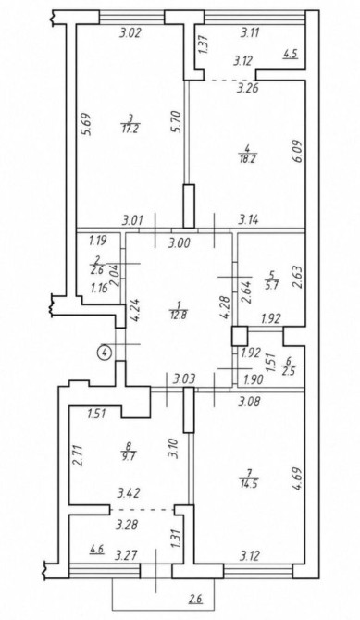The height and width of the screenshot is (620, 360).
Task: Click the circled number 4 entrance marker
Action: pos(105,351)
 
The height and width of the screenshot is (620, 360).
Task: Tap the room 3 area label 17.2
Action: pos(130,130)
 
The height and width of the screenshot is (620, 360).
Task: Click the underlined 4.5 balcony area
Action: pos(291,54)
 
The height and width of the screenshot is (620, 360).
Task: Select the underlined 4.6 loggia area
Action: pos(97,549)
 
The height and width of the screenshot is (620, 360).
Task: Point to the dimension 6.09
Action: pos(299,151)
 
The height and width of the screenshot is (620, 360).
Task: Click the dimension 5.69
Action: pos(87,125)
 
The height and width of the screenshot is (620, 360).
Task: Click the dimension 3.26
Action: pos(248,88)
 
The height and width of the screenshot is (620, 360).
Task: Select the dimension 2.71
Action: pos(79,455)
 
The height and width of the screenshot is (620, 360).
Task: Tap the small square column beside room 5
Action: pos(240,336)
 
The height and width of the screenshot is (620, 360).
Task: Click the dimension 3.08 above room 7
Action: pos(251,403)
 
